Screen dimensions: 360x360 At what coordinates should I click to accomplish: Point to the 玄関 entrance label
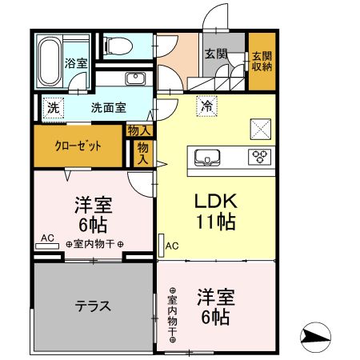pos(214,54)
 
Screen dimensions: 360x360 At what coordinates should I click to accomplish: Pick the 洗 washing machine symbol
pos(52,107)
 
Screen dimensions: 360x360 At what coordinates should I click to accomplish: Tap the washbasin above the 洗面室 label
pos(134,78)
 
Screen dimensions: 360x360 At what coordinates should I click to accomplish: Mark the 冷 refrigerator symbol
pos(207,105)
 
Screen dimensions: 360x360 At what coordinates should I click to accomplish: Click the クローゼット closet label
pos(78,146)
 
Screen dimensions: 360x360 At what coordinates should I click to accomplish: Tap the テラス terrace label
pos(93,306)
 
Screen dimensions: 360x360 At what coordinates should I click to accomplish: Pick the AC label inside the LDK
pos(173,246)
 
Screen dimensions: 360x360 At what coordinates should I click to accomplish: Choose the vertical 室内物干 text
pos(172,317)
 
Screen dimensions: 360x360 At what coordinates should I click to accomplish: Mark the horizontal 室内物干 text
pos(94,244)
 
